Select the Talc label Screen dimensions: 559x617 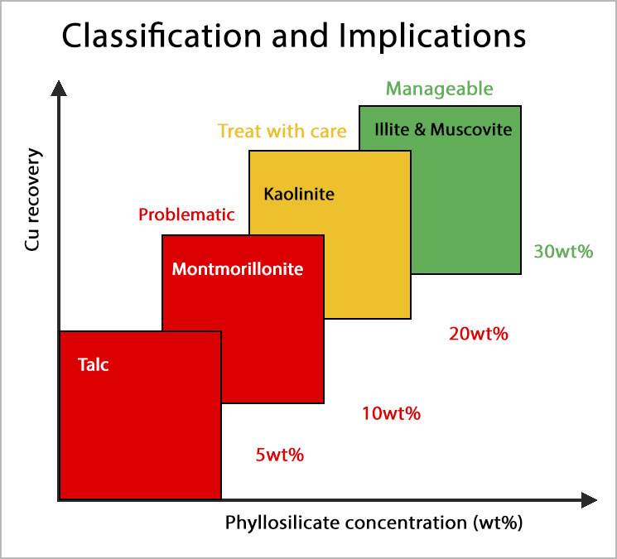coord(93,364)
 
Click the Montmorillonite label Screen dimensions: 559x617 coord(238,269)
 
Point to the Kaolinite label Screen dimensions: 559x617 coord(299,195)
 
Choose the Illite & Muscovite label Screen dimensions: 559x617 coord(443,129)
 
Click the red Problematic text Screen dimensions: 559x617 coord(186,215)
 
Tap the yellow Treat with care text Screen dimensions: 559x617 coord(282,131)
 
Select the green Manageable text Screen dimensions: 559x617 coord(440,89)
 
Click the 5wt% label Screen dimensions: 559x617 coord(280,454)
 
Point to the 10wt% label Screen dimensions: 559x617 coord(391,412)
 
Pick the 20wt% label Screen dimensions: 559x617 coord(478,335)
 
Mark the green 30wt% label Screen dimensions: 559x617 coord(563,251)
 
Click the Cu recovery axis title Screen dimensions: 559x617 coord(33,199)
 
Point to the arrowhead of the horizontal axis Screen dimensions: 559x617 coord(588,500)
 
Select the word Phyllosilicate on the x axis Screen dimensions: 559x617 coord(278,523)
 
